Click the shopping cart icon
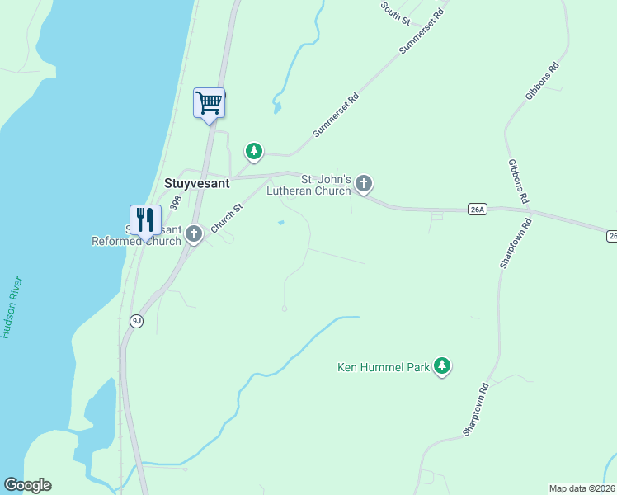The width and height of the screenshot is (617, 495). tap(210, 103)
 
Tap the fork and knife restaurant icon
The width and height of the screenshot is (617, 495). tap(145, 220)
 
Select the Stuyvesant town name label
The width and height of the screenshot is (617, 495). tap(196, 184)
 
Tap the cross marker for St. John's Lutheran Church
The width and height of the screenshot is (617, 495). tap(364, 184)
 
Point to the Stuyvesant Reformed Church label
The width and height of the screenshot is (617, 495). tap(136, 235)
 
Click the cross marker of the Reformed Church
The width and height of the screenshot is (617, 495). tap(194, 234)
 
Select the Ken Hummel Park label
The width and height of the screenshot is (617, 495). tap(384, 367)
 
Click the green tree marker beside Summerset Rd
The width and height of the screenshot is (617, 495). tap(254, 151)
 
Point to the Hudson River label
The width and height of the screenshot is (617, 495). tap(12, 308)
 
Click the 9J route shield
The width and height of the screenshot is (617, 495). tap(136, 321)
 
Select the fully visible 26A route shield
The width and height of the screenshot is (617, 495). tap(477, 210)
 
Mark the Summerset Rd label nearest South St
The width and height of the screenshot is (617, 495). tap(422, 33)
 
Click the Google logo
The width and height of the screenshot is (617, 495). tap(27, 485)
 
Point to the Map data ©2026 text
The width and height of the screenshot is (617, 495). tap(582, 488)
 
